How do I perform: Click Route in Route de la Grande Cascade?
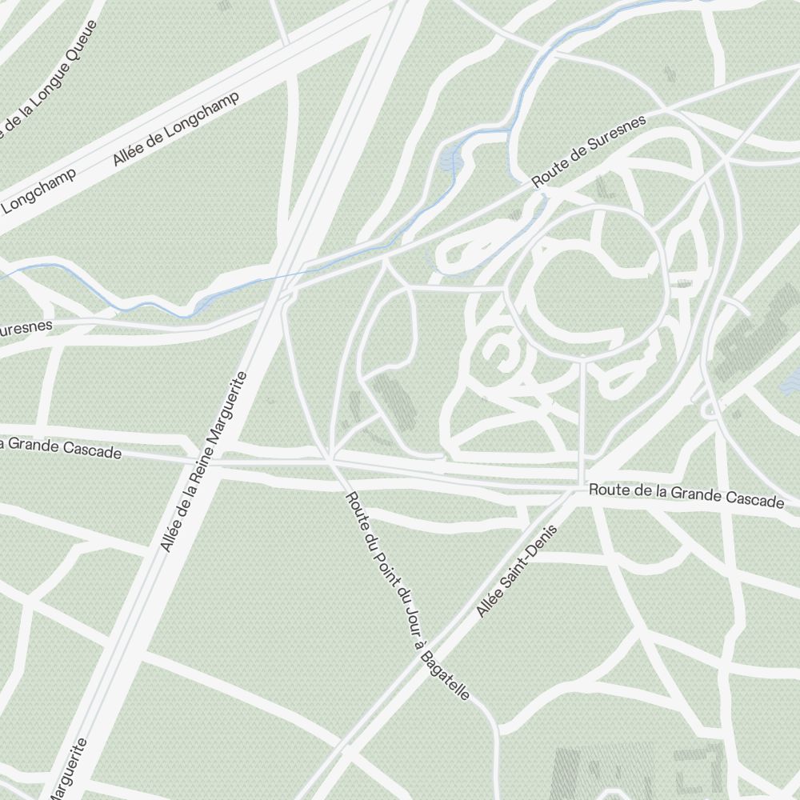pos(606,490)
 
